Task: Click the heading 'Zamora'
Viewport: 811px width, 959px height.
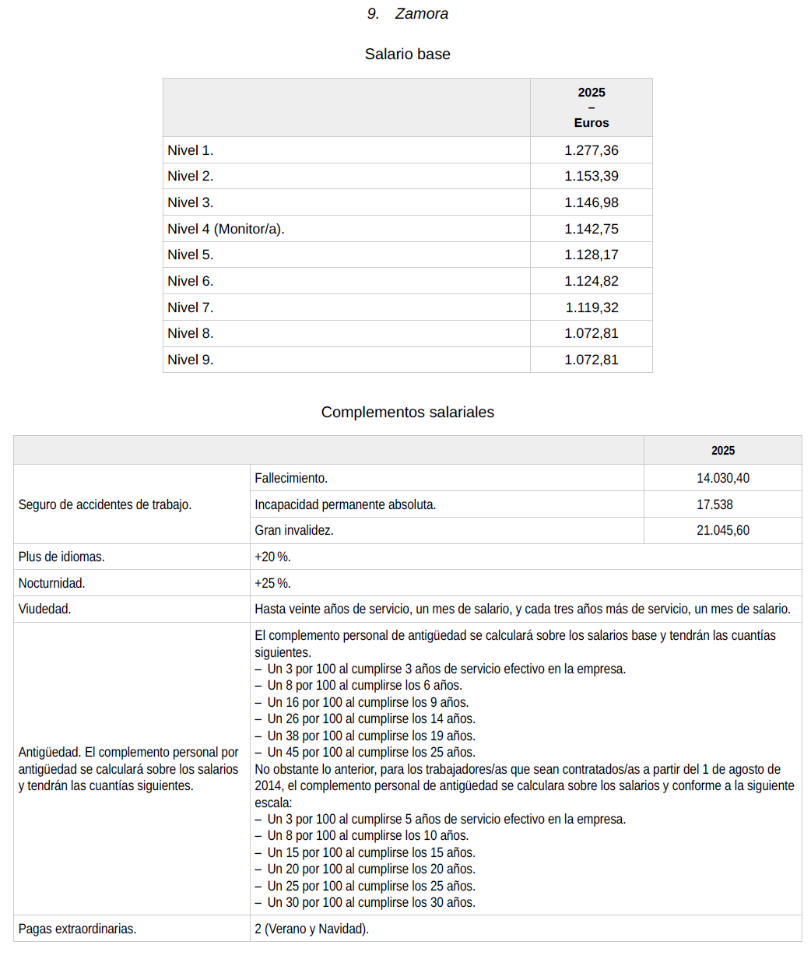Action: pyautogui.click(x=421, y=14)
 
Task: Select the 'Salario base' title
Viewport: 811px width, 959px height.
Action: pyautogui.click(x=407, y=54)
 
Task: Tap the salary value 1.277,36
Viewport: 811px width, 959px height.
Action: pyautogui.click(x=591, y=150)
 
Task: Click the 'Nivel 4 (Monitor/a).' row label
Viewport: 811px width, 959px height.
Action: pyautogui.click(x=226, y=229)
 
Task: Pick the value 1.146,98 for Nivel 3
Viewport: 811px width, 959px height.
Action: pyautogui.click(x=591, y=202)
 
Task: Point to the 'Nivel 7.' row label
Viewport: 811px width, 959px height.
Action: pyautogui.click(x=190, y=307)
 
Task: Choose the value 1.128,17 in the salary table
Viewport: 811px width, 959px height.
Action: pyautogui.click(x=591, y=255)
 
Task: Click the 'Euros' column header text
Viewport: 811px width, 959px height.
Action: pyautogui.click(x=592, y=123)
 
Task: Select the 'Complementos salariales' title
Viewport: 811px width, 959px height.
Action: pyautogui.click(x=407, y=413)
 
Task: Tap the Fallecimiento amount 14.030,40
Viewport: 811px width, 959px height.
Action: pyautogui.click(x=722, y=478)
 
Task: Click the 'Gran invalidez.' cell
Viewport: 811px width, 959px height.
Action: pyautogui.click(x=293, y=531)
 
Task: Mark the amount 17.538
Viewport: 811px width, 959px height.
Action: pyautogui.click(x=714, y=504)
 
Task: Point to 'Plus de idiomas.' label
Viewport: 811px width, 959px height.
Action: pyautogui.click(x=61, y=557)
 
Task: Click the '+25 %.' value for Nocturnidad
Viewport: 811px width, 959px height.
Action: pyautogui.click(x=272, y=583)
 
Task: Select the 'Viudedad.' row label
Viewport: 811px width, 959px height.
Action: pyautogui.click(x=44, y=609)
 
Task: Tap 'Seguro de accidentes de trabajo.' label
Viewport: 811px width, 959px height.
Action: pyautogui.click(x=104, y=504)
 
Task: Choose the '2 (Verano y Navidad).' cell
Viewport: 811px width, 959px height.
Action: pyautogui.click(x=311, y=929)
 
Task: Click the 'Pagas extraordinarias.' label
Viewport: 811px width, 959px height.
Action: pyautogui.click(x=77, y=929)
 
